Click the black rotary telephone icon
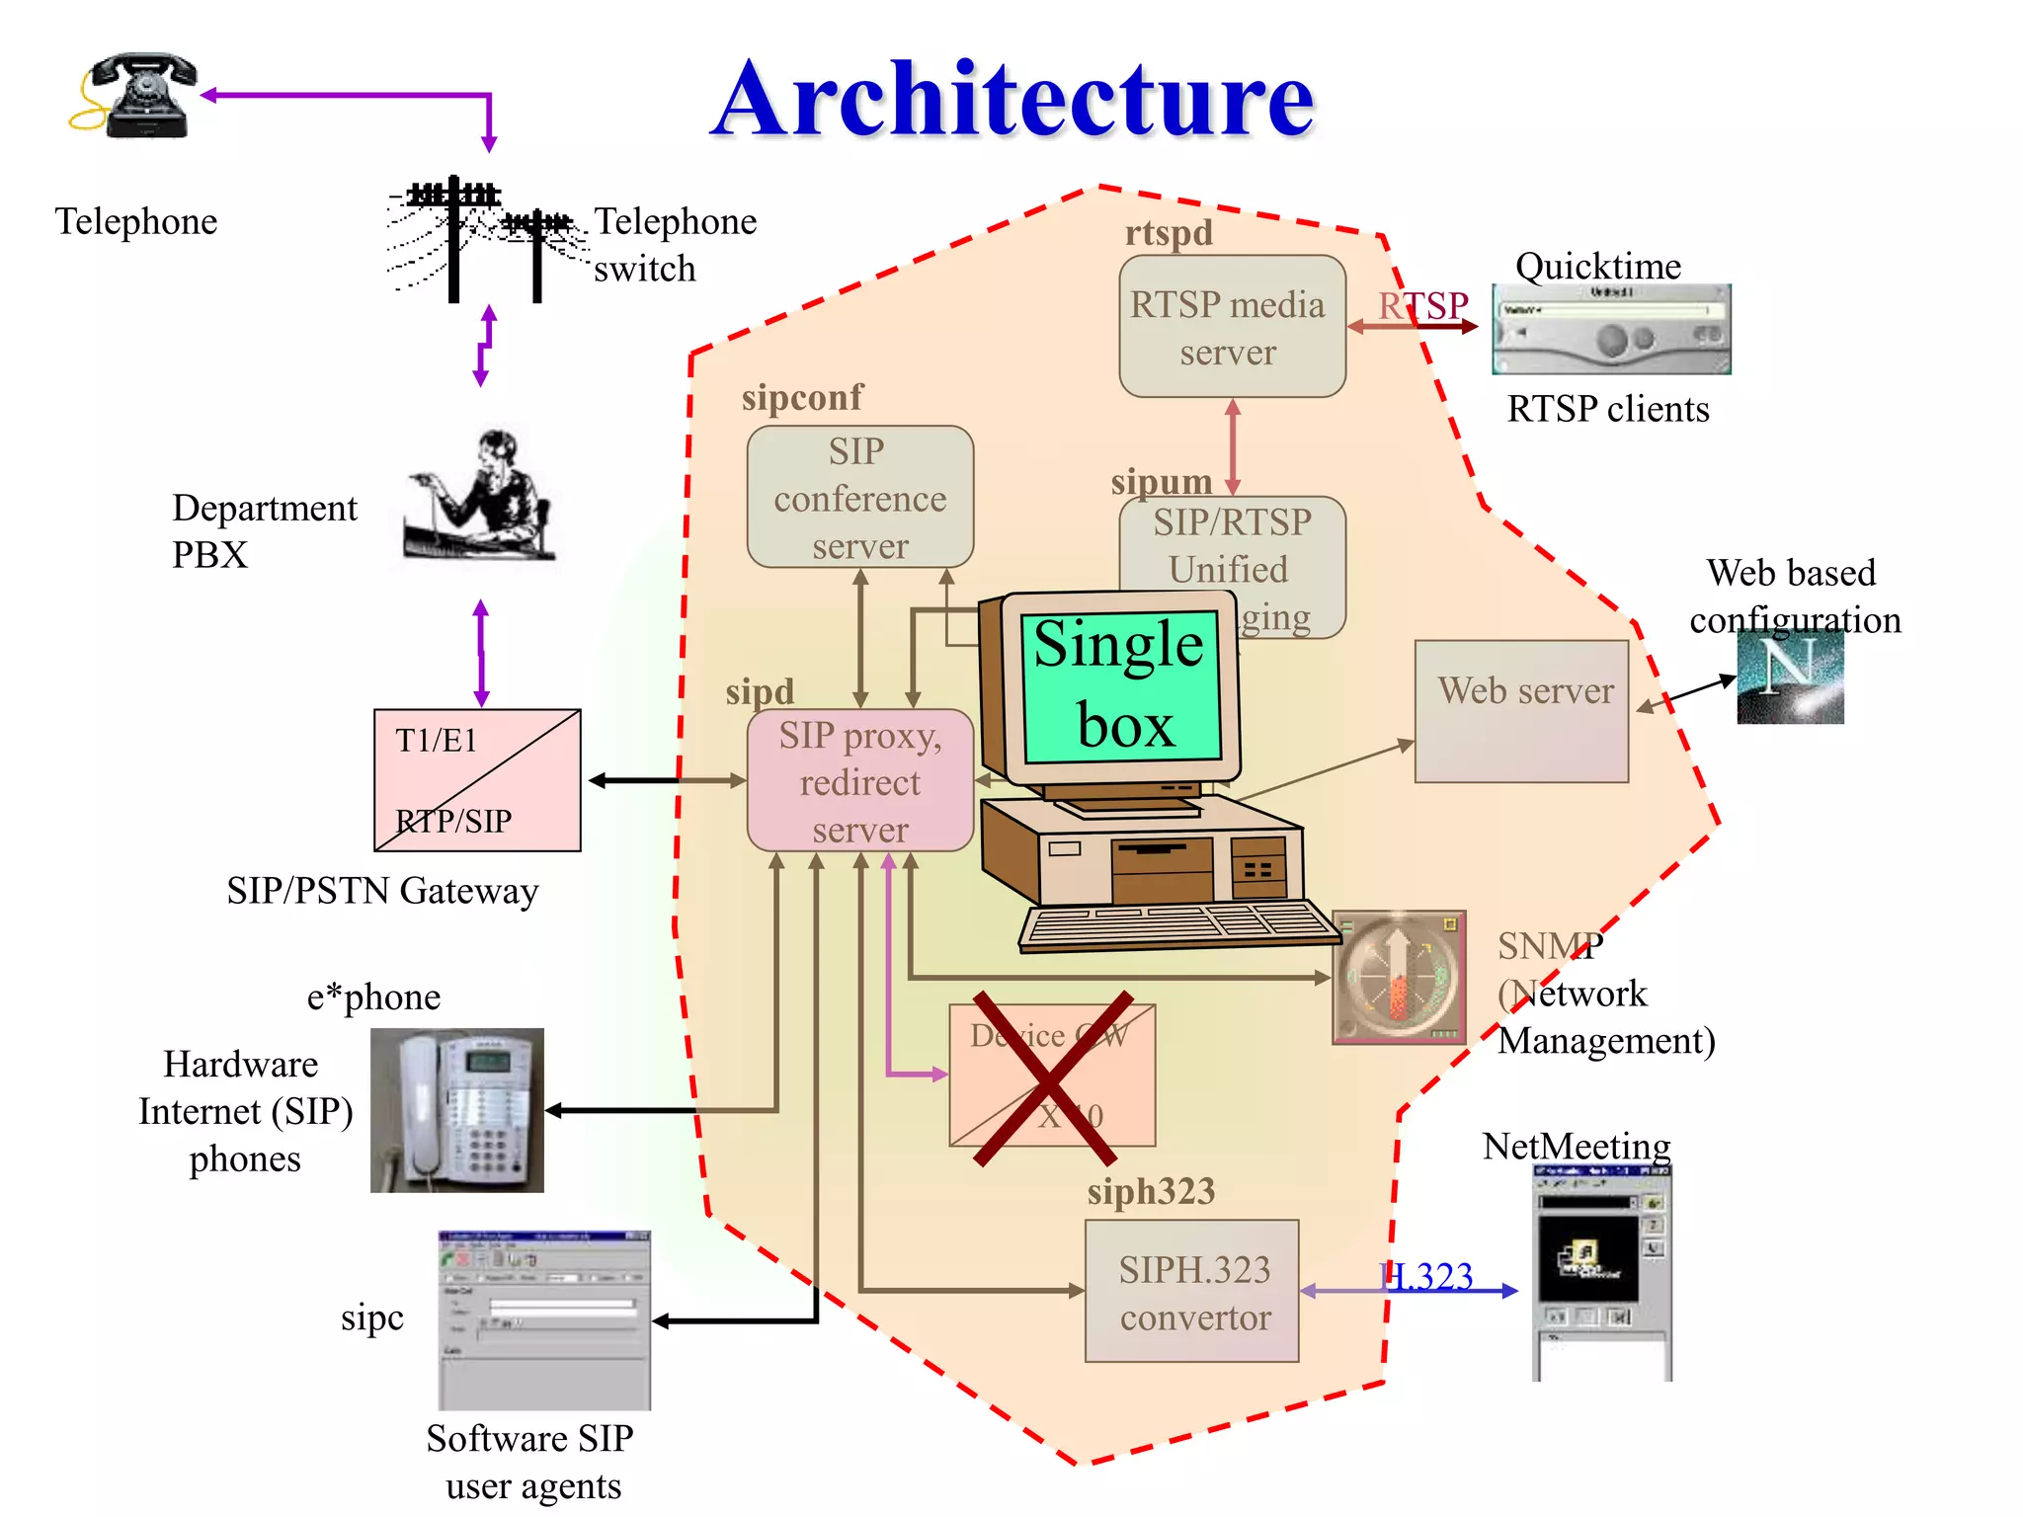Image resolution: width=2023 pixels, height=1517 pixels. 138,95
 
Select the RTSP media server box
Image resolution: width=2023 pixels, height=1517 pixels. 1231,327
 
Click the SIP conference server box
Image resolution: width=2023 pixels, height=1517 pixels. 859,497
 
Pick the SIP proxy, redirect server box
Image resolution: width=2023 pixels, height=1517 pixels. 859,781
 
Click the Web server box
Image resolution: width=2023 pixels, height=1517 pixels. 1521,711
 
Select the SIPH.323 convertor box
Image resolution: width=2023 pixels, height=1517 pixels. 1191,1292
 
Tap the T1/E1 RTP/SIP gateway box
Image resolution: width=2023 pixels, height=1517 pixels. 477,780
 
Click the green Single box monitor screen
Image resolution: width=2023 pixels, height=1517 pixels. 1121,686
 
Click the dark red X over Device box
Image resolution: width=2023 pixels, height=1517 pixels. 1052,1079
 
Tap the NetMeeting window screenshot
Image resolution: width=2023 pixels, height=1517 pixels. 1601,1274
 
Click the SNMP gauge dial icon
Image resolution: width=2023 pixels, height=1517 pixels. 1399,977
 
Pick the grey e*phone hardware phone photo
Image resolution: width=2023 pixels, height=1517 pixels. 456,1110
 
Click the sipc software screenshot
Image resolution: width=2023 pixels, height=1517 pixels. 544,1319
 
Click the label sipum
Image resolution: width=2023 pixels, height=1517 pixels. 1161,482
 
